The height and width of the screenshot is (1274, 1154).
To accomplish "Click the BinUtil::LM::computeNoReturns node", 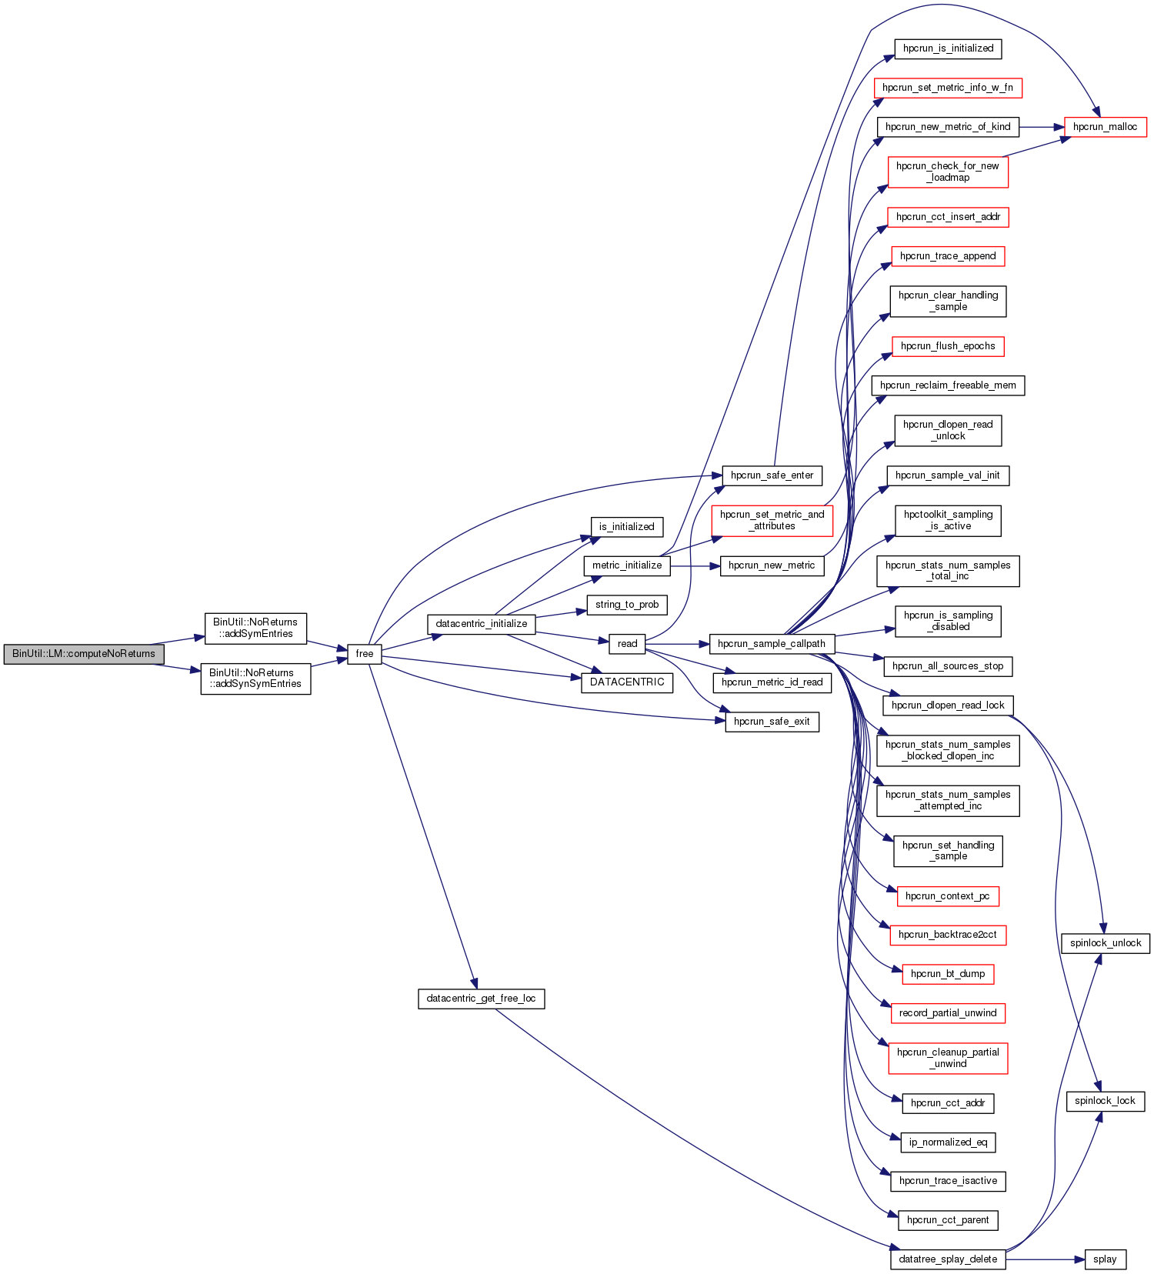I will click(x=83, y=654).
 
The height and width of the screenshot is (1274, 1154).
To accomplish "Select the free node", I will click(x=365, y=654).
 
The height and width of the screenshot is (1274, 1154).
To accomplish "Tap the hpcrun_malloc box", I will click(x=1105, y=127).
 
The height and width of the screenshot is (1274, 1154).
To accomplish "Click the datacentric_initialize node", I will click(x=482, y=624).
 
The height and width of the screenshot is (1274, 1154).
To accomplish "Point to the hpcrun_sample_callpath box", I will click(x=772, y=644).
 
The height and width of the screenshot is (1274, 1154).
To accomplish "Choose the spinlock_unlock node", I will click(x=1105, y=943).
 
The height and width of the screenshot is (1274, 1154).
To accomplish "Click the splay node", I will click(x=1105, y=1259).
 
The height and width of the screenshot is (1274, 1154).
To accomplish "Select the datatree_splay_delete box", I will click(x=948, y=1259).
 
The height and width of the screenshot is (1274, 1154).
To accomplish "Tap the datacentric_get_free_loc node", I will click(x=481, y=999).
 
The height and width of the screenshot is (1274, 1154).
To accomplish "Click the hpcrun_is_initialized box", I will click(x=948, y=48).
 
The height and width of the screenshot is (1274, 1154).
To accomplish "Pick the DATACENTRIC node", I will click(x=627, y=682).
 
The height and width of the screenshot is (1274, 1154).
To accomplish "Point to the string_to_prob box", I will click(x=627, y=605).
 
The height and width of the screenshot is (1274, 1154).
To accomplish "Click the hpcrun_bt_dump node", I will click(x=948, y=974).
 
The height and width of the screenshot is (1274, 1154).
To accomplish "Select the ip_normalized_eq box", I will click(x=948, y=1142).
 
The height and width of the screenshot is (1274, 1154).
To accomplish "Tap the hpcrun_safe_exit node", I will click(x=772, y=722).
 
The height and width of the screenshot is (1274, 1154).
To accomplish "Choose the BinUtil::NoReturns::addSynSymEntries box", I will click(x=255, y=679).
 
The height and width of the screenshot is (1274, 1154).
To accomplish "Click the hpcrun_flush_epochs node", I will click(x=948, y=346).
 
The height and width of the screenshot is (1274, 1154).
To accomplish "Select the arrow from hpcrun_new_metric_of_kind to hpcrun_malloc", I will click(x=1041, y=127).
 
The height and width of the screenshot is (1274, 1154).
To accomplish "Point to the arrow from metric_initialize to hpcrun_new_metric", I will click(x=695, y=565).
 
